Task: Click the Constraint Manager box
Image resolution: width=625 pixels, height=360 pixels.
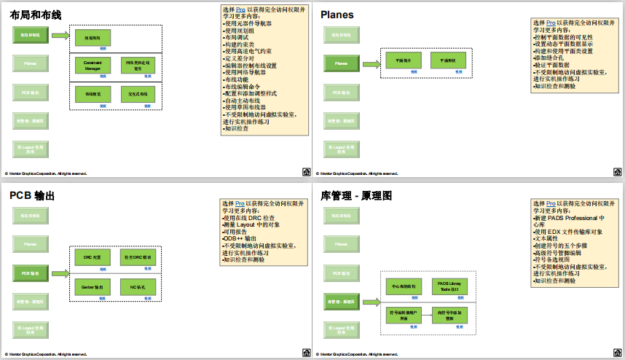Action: pos(93,66)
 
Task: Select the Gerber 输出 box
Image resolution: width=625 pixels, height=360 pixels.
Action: pos(93,287)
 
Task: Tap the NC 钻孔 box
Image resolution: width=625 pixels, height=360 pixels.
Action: pos(138,287)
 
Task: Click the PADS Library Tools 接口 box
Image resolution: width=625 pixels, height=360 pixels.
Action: pos(449,285)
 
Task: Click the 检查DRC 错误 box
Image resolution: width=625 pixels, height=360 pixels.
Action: pos(138,258)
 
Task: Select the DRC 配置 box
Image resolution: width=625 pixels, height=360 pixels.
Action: pos(93,258)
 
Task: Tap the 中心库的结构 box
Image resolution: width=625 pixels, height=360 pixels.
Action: pos(404,285)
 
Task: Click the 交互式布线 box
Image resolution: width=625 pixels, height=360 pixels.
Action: pos(138,94)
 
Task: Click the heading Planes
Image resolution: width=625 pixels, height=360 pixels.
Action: pos(337,15)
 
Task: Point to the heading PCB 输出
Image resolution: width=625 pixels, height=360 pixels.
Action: pos(32,196)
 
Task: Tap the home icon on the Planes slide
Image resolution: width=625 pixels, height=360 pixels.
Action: pos(618,173)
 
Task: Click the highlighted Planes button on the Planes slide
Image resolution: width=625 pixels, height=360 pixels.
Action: pos(341,64)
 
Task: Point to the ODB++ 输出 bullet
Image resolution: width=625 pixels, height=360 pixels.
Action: pos(240,238)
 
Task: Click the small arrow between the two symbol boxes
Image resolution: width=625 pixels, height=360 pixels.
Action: pos(426,314)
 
